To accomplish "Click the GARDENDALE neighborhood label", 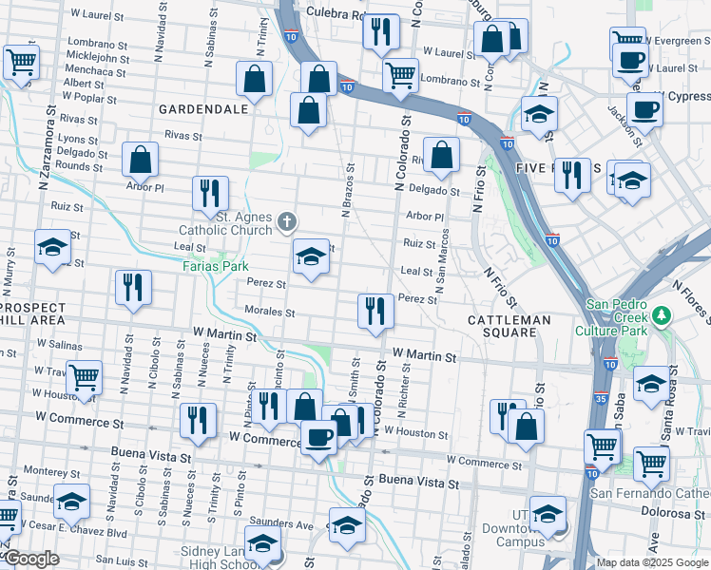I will [203, 109].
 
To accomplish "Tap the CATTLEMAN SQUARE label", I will [509, 320].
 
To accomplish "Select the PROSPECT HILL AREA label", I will [33, 313].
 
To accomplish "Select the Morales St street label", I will [269, 312].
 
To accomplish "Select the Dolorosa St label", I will [679, 513].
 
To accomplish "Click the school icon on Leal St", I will [310, 256].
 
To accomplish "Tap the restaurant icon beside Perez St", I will [375, 310].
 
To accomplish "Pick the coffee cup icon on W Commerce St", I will [318, 436].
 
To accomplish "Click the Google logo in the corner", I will [30, 559].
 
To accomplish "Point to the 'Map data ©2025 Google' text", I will [652, 562].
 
